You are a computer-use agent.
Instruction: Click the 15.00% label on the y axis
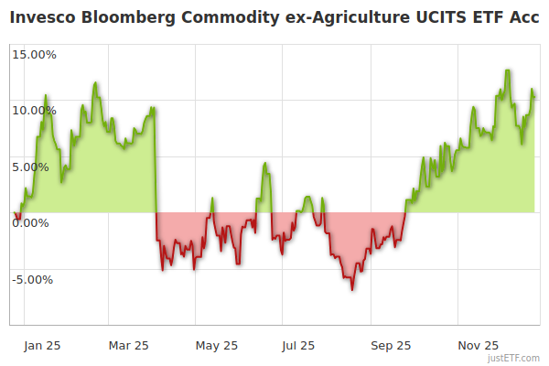click(34, 54)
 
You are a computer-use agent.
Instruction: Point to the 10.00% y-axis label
click(34, 111)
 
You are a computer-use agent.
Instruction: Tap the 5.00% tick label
click(37, 167)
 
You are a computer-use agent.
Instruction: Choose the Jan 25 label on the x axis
click(42, 346)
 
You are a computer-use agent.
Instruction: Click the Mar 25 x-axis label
click(129, 346)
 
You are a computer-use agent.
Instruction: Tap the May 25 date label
click(217, 346)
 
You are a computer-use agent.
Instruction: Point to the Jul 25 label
click(299, 346)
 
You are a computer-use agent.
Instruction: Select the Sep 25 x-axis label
click(392, 346)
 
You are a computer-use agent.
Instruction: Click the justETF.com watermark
click(513, 359)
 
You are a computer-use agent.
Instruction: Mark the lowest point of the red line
click(352, 290)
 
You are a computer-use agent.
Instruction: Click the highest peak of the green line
click(507, 70)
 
